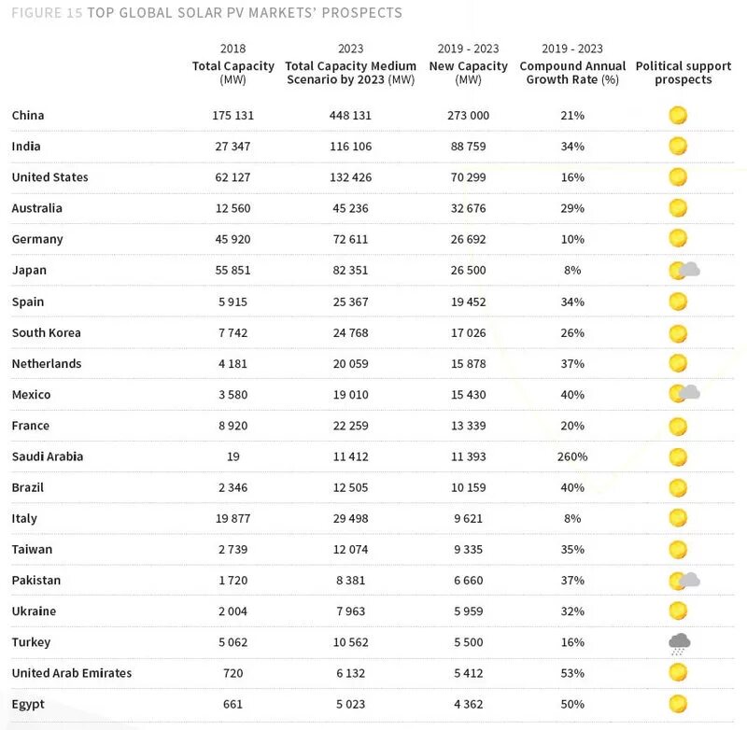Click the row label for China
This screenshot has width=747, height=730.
pos(28,115)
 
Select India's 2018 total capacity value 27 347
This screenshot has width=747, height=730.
pos(233,147)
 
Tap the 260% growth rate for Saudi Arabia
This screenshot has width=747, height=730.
pos(572,456)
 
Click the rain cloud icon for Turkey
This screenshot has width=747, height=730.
pos(680,644)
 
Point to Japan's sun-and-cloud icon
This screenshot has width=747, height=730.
pos(684,271)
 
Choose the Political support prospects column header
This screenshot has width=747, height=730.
pos(684,73)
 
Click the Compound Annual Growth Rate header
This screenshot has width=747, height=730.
pos(572,73)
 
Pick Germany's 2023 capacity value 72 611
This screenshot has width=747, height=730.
pos(350,239)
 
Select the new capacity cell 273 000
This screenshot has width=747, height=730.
pos(469,115)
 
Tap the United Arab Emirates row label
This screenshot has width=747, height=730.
pos(72,673)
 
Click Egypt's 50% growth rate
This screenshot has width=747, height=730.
pos(572,704)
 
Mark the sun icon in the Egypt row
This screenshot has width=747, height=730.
pos(678,704)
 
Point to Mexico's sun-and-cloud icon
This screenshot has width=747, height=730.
pos(684,394)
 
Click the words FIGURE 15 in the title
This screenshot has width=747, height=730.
pos(47,13)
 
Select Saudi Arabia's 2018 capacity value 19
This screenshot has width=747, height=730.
pos(233,456)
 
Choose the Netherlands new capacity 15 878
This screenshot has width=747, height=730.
pos(469,364)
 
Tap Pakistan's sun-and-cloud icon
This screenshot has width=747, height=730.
pos(684,581)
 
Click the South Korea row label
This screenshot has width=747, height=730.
pos(46,332)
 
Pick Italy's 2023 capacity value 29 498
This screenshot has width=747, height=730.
pos(350,519)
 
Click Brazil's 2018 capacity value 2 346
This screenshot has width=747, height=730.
pos(233,487)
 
